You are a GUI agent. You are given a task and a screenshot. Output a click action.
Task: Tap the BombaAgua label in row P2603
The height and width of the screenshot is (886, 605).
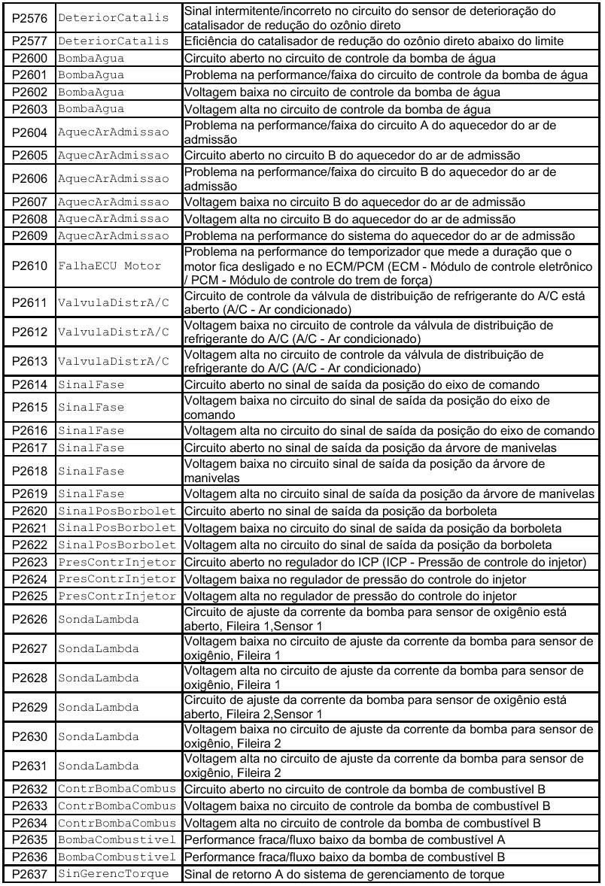click(91, 110)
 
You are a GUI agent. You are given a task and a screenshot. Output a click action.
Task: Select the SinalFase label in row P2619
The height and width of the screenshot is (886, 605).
click(91, 494)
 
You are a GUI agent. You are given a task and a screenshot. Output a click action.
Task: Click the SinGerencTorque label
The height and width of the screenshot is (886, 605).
click(114, 873)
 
